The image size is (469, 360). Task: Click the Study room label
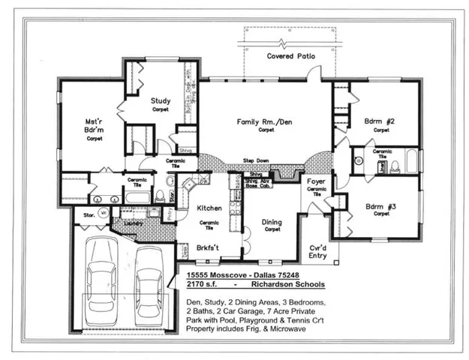[160, 100]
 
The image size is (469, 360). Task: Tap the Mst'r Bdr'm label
[94, 124]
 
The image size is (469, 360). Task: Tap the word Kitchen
[206, 208]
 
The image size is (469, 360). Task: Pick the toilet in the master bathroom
[159, 196]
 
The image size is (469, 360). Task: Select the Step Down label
[256, 160]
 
